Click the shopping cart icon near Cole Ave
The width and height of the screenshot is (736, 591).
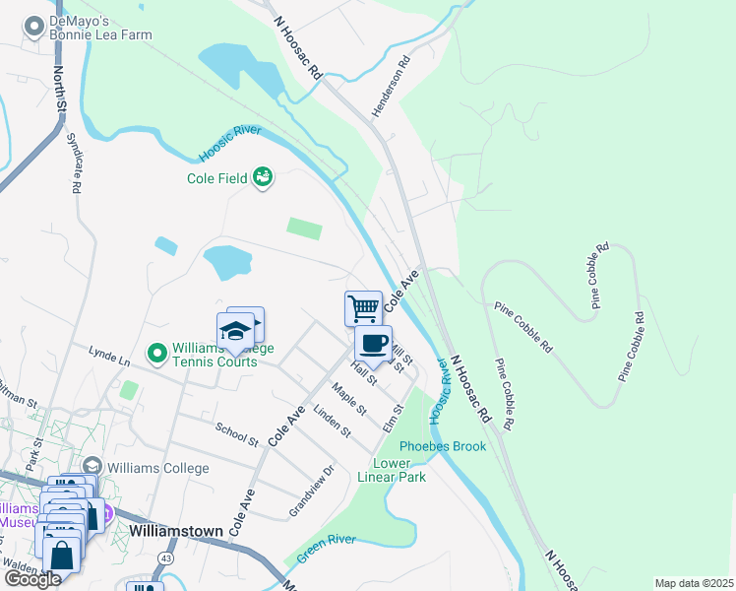[x=363, y=308]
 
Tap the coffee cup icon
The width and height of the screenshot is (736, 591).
[x=373, y=344]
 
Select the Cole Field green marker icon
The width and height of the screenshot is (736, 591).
[x=263, y=177]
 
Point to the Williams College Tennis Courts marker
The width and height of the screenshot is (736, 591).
[x=156, y=352]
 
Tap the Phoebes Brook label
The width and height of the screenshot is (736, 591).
[x=443, y=446]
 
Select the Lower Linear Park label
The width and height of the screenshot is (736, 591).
[x=399, y=470]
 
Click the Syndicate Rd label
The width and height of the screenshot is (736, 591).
[x=73, y=163]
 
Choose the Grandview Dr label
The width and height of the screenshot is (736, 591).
[x=312, y=490]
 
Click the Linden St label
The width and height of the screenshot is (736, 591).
[x=332, y=421]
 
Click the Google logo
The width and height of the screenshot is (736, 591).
[x=31, y=579]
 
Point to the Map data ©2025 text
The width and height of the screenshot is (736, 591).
[x=694, y=583]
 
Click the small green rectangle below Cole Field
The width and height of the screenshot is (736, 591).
[x=304, y=229]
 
